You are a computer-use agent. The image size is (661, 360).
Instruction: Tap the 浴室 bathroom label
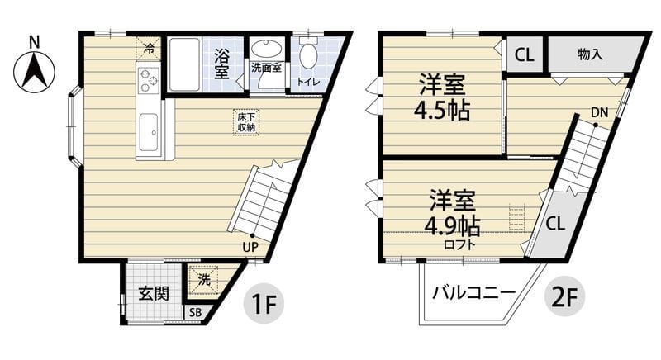[x=221, y=64]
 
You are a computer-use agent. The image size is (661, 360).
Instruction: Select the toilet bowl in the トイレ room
[x=307, y=54]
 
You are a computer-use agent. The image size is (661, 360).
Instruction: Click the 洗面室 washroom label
[x=266, y=68]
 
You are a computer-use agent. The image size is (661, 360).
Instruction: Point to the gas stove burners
[x=148, y=79]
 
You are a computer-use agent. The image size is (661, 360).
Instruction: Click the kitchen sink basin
[x=149, y=131]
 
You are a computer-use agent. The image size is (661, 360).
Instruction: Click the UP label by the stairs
[x=250, y=244]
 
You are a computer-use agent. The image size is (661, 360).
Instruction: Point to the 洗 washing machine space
[x=203, y=280]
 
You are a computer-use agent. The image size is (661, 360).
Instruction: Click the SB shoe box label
[x=195, y=312]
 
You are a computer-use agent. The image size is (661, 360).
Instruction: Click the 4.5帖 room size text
[x=443, y=111]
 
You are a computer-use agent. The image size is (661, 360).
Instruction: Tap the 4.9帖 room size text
[x=454, y=225]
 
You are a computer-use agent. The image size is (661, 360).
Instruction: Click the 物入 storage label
[x=590, y=55]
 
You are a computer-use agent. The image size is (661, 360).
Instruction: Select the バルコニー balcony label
[x=473, y=292]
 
